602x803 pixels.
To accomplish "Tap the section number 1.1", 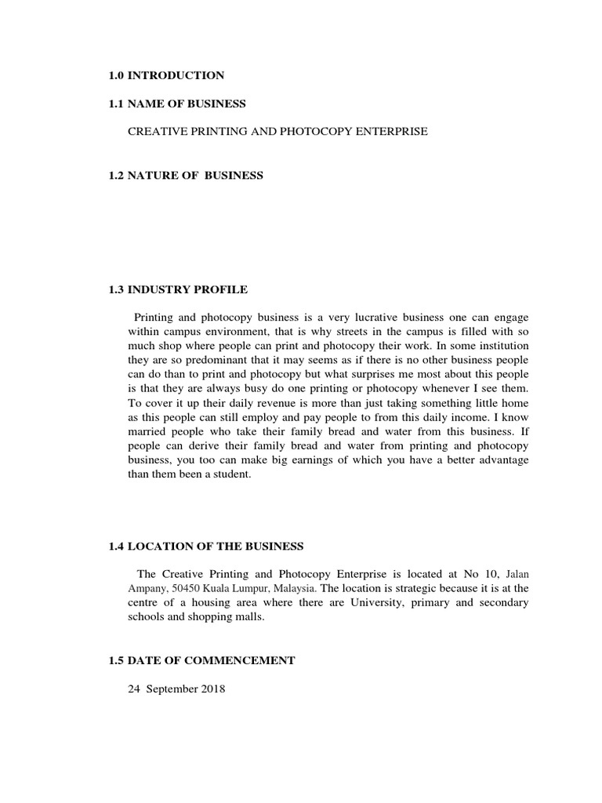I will [x=117, y=104].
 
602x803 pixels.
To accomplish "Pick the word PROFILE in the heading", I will [x=221, y=290].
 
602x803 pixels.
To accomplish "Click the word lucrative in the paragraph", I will [x=357, y=318].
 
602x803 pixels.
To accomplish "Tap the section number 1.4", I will [x=117, y=546].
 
